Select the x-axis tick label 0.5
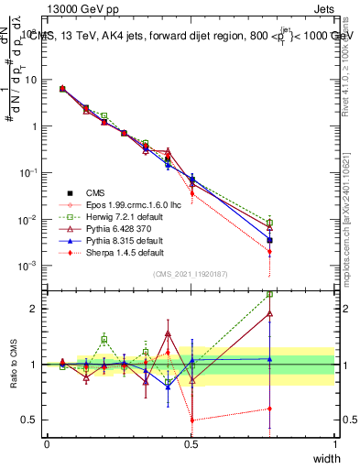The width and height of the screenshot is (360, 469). (191, 444)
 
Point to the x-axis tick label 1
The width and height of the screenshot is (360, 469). (335, 444)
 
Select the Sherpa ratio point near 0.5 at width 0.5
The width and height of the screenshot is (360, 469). (191, 420)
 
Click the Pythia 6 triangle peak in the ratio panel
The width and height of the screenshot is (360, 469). (168, 334)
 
